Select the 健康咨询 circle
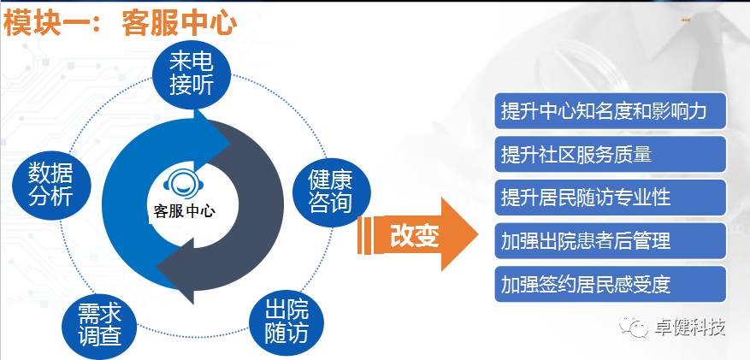pos(330,192)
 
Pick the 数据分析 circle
pos(51,185)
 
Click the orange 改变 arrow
pos(417,234)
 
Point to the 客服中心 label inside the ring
pos(184,211)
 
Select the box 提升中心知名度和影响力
pos(611,111)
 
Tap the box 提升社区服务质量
pos(611,154)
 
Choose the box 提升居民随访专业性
pos(611,198)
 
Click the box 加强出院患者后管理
pos(611,240)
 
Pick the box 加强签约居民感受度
pos(611,284)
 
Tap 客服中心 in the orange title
pos(180,23)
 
